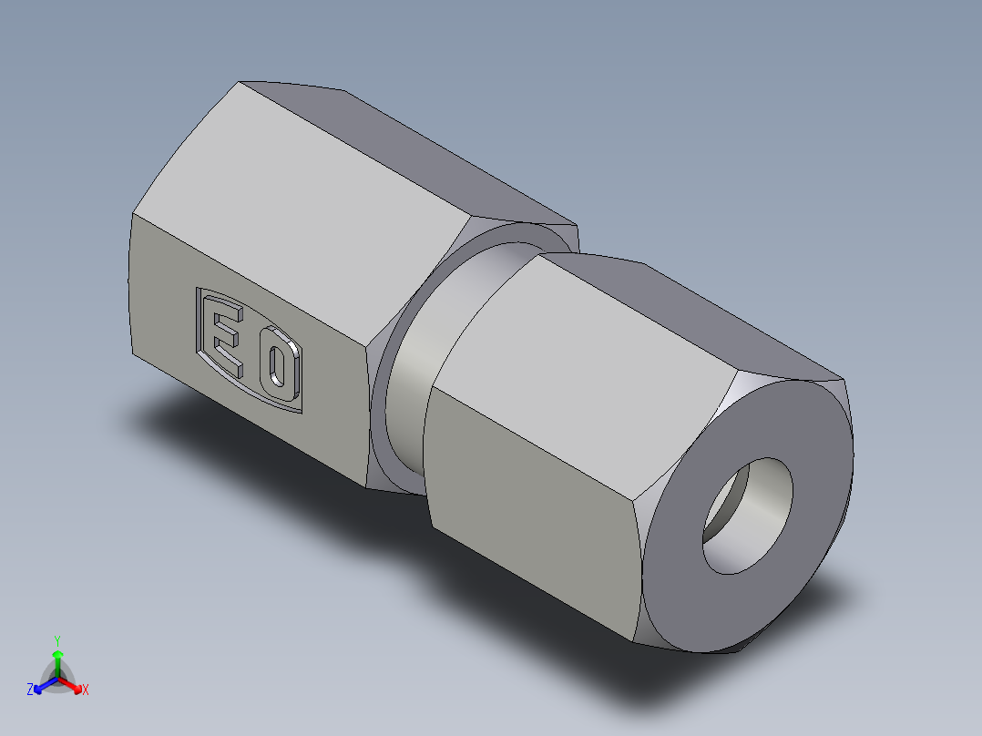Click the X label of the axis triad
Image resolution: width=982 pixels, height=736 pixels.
86,690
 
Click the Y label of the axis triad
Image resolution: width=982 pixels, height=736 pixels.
57,640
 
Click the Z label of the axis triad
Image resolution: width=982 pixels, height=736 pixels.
30,690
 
